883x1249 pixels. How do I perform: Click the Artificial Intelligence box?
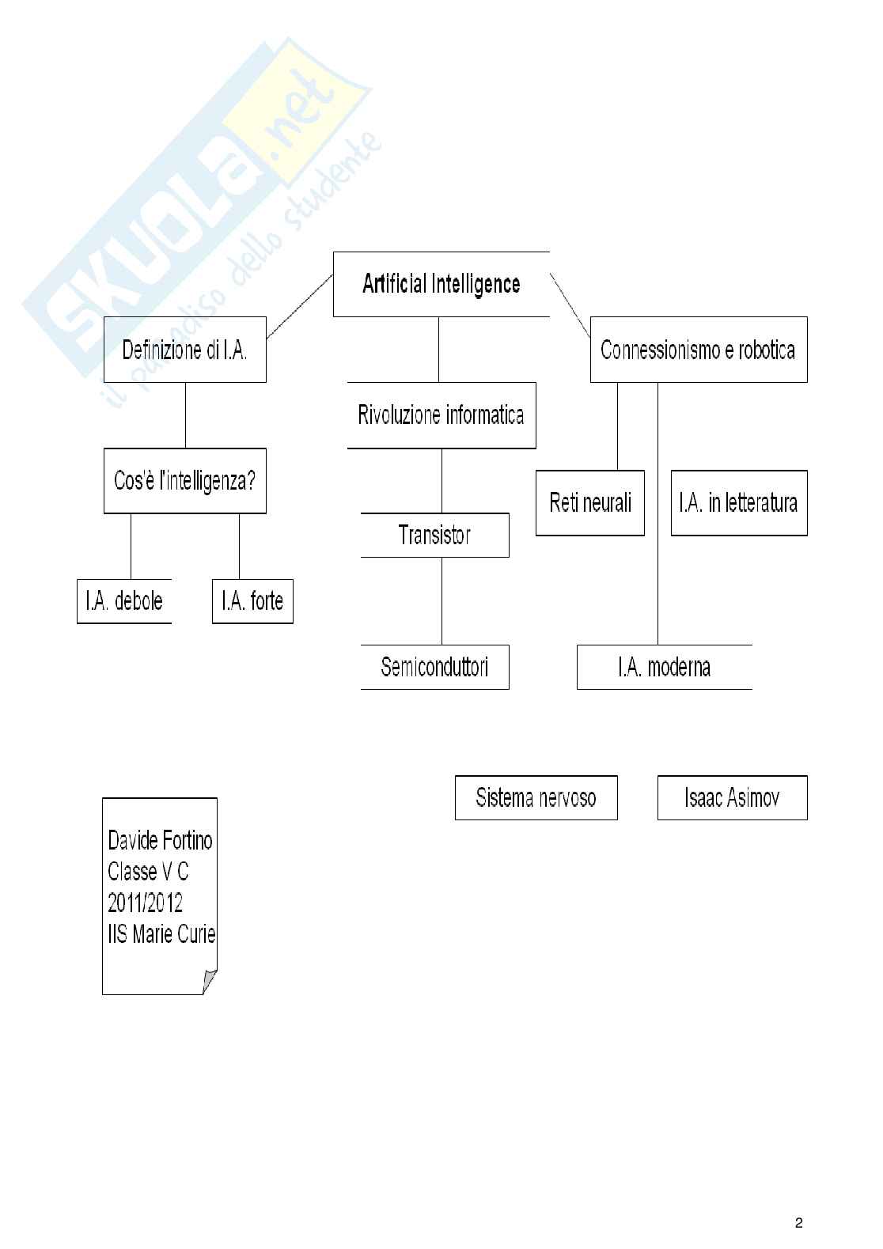tap(441, 284)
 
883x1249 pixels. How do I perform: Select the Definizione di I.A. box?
tap(185, 350)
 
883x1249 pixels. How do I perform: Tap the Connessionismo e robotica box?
tap(699, 350)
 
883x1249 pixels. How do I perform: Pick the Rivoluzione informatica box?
tap(441, 415)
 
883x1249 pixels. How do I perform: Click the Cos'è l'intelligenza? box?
tap(185, 481)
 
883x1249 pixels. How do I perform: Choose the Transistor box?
tap(434, 536)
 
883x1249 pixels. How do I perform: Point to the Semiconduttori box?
tap(434, 667)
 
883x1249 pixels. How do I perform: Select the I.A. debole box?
tap(124, 601)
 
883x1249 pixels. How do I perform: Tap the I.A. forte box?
tap(252, 601)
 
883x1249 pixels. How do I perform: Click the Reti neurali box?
tap(590, 503)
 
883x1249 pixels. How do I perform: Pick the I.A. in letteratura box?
tap(739, 503)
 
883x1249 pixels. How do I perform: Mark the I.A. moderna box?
tap(665, 667)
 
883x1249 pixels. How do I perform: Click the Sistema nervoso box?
tap(536, 797)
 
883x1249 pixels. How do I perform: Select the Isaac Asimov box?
tap(732, 797)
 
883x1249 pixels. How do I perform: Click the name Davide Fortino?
tap(160, 840)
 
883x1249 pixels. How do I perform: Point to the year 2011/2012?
tap(146, 903)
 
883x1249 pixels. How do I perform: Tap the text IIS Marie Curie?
tap(161, 934)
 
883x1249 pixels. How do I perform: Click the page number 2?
tap(798, 1223)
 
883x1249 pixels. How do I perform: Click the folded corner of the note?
tap(210, 982)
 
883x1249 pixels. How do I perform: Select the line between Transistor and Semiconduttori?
tap(441, 601)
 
